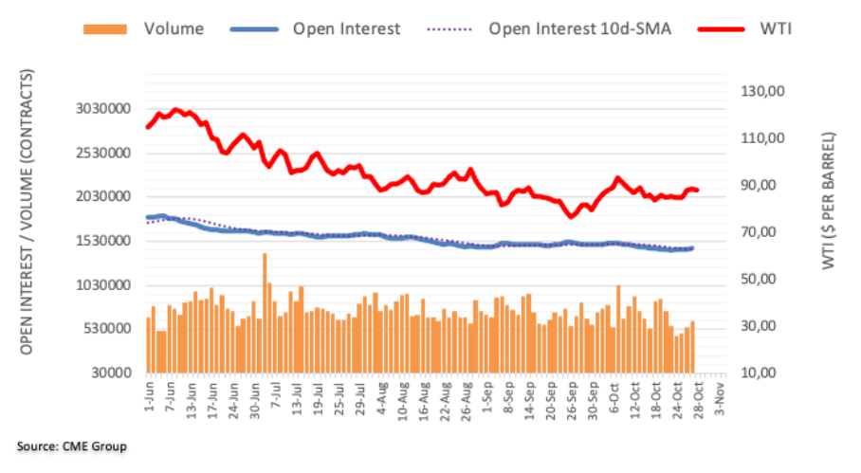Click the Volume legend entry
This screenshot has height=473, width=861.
coord(173,28)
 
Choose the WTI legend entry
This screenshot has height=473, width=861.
coord(774,28)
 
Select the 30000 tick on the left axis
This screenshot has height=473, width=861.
coord(112,373)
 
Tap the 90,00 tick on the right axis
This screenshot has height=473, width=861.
coord(764,185)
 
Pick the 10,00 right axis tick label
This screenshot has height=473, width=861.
coord(764,373)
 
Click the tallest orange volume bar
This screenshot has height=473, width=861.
coord(265,313)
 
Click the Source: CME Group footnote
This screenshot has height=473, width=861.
coord(71,446)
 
